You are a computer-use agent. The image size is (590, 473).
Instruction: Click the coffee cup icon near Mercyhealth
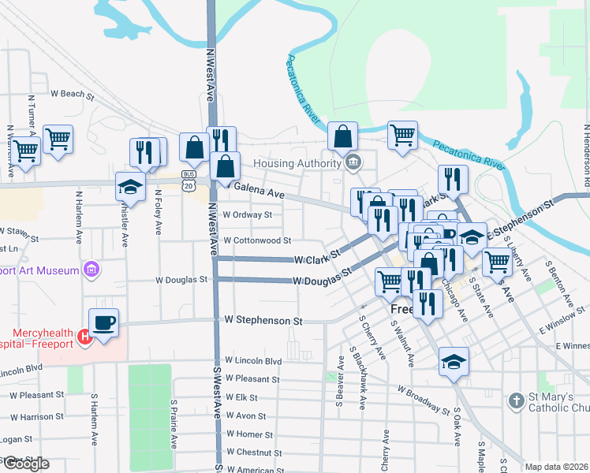(104, 322)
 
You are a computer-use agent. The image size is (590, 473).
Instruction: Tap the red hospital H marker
(85, 337)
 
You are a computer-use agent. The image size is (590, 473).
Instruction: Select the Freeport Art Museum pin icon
(91, 270)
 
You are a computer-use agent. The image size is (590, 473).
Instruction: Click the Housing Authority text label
(297, 163)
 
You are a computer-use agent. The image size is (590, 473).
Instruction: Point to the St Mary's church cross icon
(517, 400)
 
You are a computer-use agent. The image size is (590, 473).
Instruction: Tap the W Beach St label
(72, 94)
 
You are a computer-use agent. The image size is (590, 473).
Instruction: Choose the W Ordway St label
(248, 214)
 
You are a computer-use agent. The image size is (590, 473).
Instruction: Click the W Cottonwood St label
(257, 240)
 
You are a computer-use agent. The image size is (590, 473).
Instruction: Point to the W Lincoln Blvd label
(252, 360)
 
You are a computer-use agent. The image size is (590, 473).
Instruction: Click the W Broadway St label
(423, 400)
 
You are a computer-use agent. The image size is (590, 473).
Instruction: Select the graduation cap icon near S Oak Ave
(454, 361)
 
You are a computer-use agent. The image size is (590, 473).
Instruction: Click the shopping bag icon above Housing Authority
(343, 136)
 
